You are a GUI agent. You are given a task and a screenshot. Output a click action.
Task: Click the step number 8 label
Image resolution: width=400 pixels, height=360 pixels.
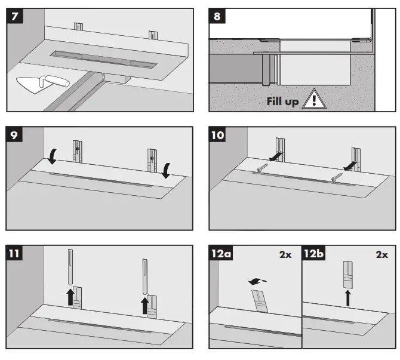(x=218, y=16)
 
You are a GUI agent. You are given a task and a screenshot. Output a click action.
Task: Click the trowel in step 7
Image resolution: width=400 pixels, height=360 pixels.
(x=36, y=85)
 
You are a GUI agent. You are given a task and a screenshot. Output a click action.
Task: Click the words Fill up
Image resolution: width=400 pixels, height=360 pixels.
(x=282, y=101)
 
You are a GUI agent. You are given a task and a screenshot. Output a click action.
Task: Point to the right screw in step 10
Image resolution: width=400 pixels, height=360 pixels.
(x=338, y=176)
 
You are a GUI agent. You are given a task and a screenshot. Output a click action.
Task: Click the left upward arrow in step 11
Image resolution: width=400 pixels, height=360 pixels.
(x=70, y=294)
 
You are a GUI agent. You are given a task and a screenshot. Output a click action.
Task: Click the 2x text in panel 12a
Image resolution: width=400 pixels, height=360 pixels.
(x=285, y=254)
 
